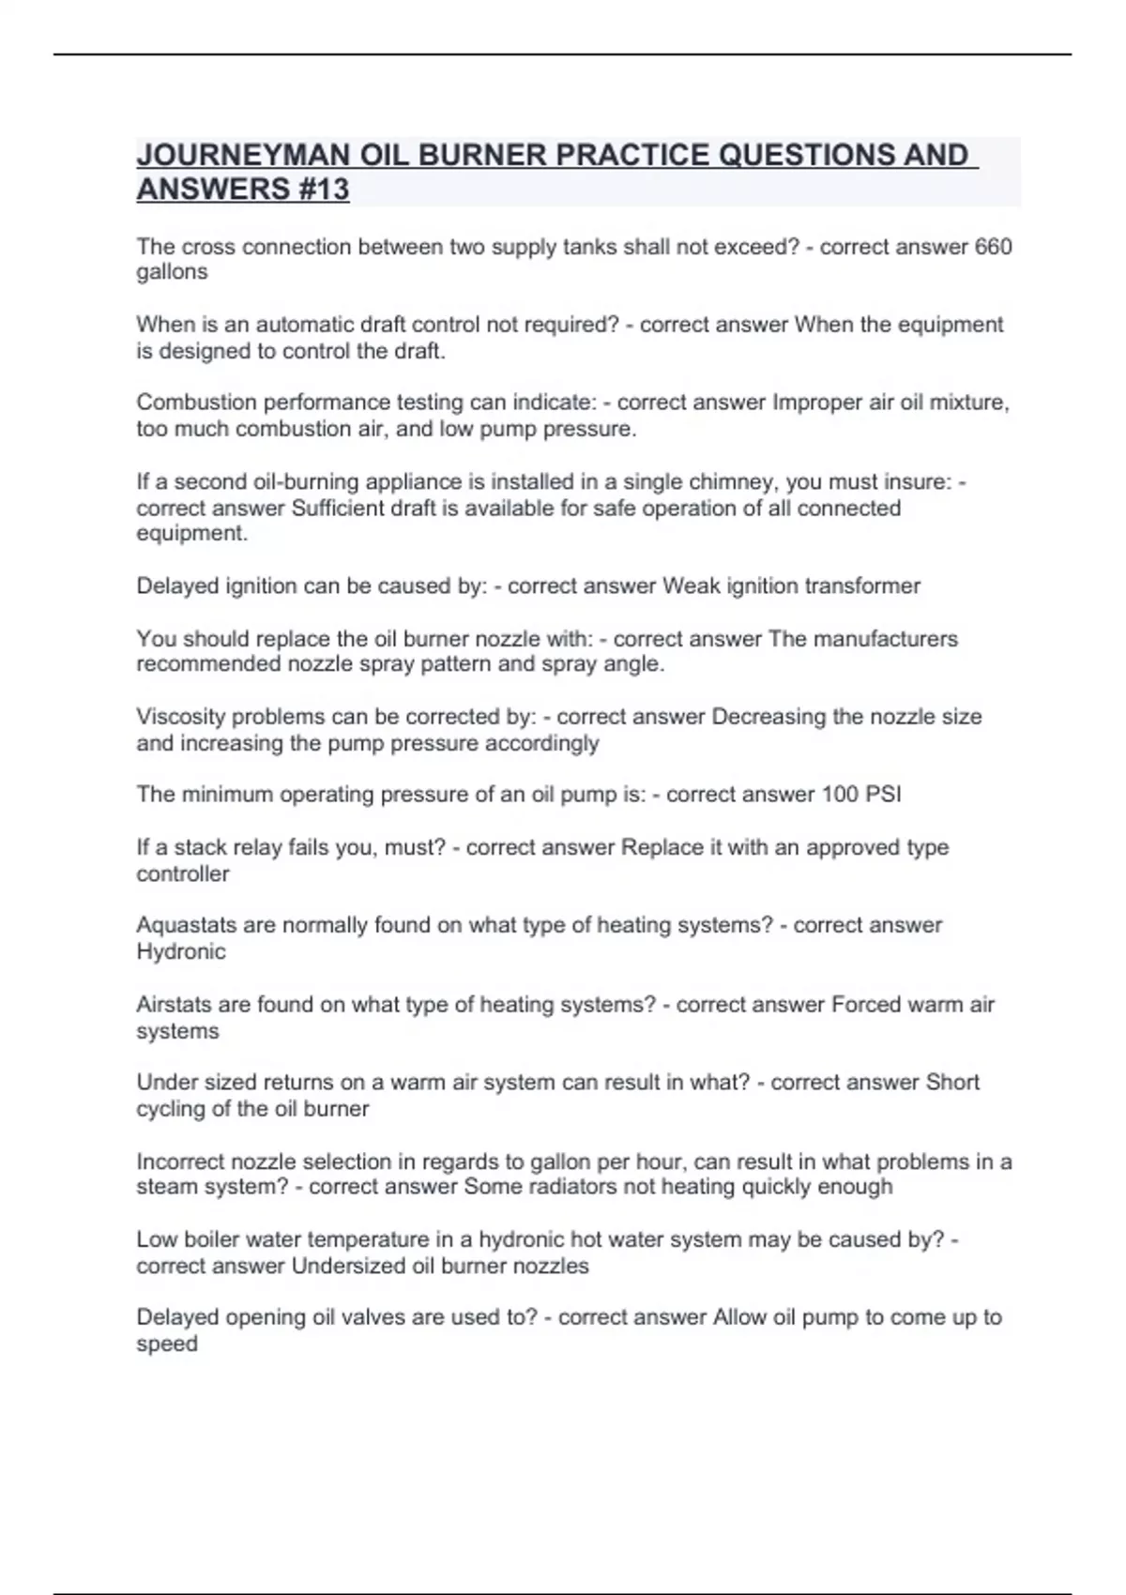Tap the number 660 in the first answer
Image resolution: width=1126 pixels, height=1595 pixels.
(994, 247)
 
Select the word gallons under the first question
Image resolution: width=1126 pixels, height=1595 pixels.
(172, 272)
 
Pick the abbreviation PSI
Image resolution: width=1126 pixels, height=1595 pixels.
(883, 795)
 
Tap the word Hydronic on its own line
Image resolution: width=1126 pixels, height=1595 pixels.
(181, 951)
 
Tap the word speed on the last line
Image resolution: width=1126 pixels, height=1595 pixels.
(167, 1344)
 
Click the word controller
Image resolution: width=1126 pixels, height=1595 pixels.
(183, 873)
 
